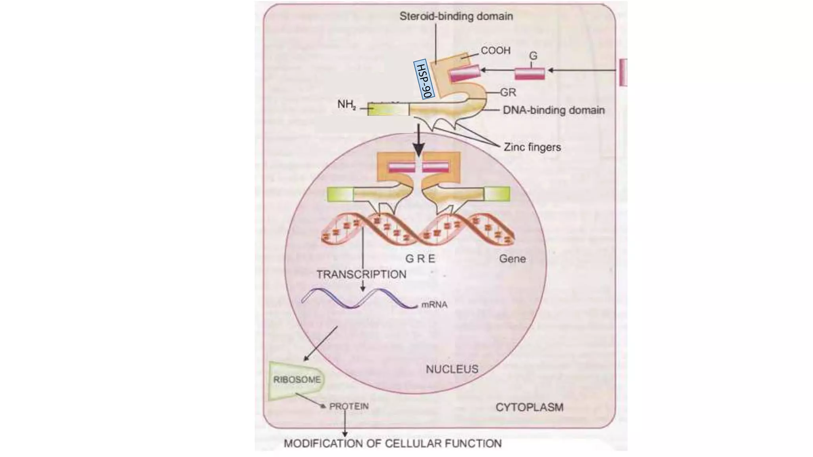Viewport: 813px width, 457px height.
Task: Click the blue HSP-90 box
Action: point(424,80)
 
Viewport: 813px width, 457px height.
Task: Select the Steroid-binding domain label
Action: point(456,16)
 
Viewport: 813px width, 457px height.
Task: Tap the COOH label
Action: point(495,51)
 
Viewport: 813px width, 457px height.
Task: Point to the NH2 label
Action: point(347,105)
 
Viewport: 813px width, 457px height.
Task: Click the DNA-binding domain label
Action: point(554,110)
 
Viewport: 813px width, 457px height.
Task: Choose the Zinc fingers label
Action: point(532,147)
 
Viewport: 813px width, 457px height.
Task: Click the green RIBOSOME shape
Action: point(296,380)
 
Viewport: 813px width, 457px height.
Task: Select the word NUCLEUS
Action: point(452,369)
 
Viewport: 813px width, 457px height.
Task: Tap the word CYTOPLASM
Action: point(530,407)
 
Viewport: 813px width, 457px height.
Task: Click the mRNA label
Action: point(434,305)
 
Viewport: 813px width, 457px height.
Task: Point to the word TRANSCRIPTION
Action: point(361,274)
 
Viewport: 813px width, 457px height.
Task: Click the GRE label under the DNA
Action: point(420,259)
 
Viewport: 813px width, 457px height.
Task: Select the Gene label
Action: point(512,259)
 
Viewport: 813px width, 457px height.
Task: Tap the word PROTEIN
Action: point(349,406)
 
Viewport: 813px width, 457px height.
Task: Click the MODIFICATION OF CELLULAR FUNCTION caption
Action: point(393,443)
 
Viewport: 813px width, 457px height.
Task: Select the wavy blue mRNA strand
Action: point(357,298)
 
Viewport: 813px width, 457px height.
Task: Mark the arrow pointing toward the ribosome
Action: point(321,344)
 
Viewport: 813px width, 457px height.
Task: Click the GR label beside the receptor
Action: point(508,92)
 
